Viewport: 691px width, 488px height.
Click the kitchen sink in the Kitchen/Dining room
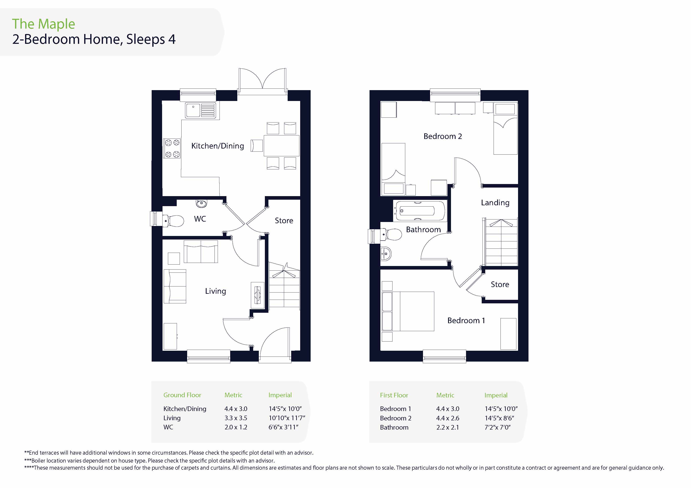pos(201,110)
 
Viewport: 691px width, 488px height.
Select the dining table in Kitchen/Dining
pos(281,146)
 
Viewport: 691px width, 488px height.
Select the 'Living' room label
pos(216,291)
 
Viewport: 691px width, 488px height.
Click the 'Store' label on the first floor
pos(500,284)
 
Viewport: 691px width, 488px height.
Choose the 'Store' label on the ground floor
pos(284,221)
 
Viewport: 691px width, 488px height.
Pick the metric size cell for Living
pos(236,418)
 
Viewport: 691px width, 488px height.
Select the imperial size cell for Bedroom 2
pos(499,418)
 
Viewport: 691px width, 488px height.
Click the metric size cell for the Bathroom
pos(447,427)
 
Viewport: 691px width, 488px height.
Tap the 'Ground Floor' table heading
pos(182,395)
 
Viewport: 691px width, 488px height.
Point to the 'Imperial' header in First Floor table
pos(496,395)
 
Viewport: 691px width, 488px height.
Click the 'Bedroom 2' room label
pos(442,136)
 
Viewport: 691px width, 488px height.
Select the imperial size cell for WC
pos(283,427)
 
